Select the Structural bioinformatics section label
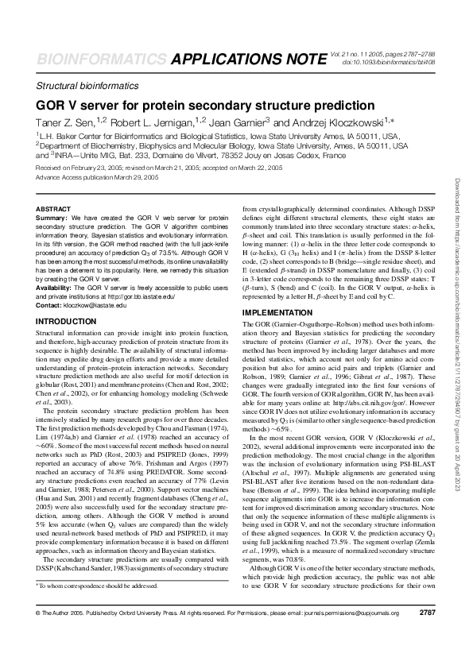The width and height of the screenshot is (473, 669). point(87,86)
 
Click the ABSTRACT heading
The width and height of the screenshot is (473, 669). point(54,208)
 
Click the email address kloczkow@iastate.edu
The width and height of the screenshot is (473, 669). point(96,304)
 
